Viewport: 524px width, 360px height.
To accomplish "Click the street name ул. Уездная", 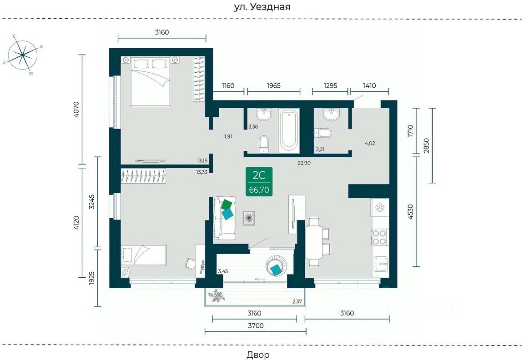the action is [262, 7].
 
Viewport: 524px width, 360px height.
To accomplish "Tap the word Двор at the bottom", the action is [258, 355].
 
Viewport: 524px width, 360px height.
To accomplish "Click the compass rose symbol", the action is [22, 55].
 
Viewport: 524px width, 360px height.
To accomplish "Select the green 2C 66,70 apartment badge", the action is [259, 182].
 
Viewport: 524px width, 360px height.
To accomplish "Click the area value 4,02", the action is [370, 143].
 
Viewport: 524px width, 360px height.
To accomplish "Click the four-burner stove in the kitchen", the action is [379, 237].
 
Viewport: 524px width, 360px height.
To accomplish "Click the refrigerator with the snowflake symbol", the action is [379, 208].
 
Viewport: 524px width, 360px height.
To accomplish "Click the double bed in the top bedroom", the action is [151, 82].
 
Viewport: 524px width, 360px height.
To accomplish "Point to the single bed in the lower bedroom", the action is [143, 255].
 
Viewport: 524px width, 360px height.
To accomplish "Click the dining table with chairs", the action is [314, 241].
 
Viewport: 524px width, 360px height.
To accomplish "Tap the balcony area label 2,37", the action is [297, 301].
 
